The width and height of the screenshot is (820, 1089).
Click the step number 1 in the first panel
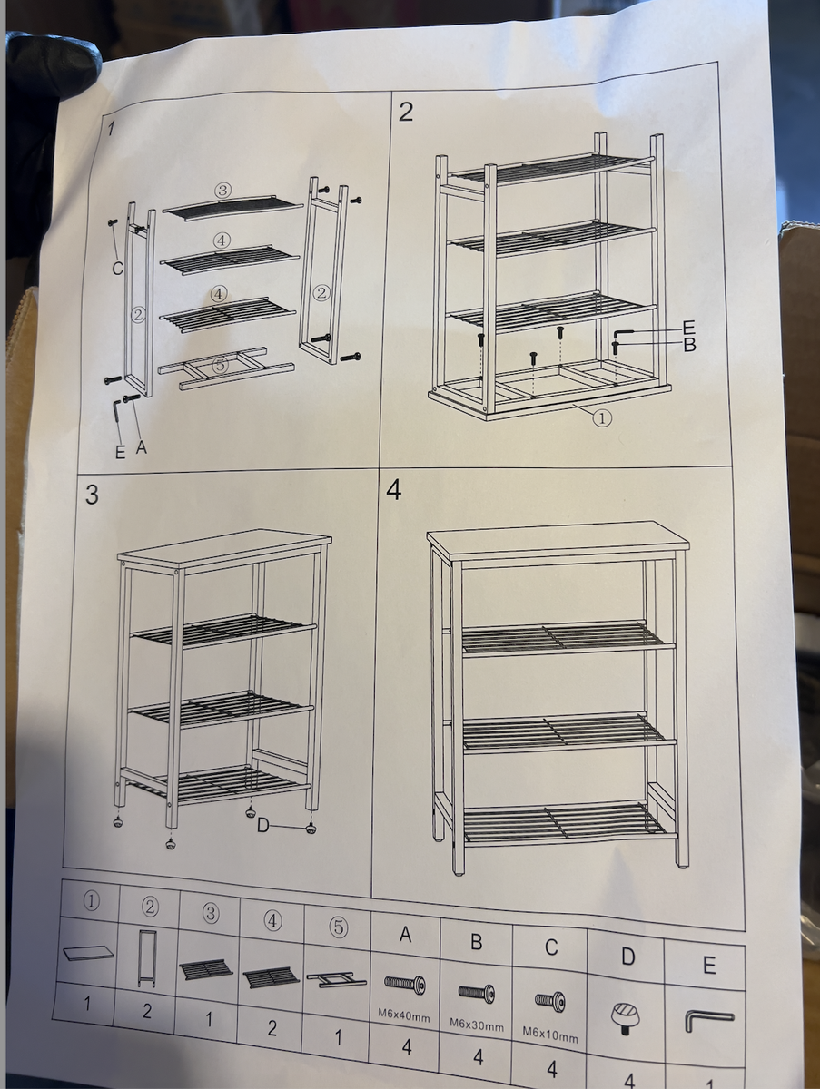click(111, 128)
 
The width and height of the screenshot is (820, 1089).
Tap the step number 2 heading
click(406, 112)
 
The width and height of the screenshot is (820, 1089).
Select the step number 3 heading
click(92, 495)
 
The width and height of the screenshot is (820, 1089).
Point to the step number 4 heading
click(393, 490)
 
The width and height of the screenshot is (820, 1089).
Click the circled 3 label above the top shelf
click(222, 191)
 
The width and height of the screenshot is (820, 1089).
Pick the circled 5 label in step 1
click(220, 366)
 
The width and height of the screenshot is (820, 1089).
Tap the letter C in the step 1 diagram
click(117, 268)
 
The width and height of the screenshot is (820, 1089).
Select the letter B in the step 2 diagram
click(688, 345)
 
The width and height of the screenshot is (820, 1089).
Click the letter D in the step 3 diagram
click(262, 825)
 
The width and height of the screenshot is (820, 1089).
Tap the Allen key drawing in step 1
click(119, 412)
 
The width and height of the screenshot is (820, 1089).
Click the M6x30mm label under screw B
click(476, 1024)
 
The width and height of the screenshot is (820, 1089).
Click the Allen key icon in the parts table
click(708, 1024)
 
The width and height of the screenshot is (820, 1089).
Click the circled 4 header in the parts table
click(272, 920)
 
